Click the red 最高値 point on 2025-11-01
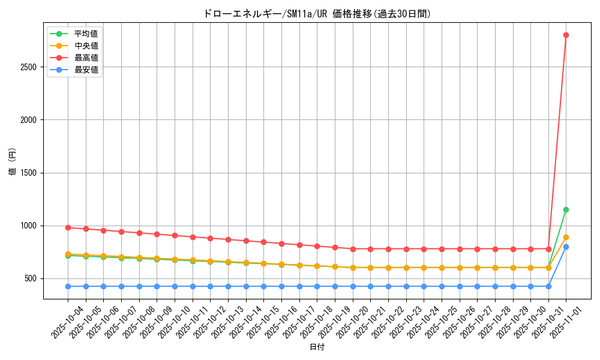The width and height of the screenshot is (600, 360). click(x=566, y=35)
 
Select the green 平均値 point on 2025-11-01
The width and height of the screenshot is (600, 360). click(x=566, y=209)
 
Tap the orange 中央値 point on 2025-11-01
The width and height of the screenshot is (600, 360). click(x=566, y=237)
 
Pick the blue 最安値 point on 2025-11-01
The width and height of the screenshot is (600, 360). click(x=566, y=247)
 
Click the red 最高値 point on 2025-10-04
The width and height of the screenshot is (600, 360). click(x=68, y=227)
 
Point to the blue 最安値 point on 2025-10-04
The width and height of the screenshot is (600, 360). click(x=68, y=286)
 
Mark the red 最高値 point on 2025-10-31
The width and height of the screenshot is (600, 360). click(x=548, y=249)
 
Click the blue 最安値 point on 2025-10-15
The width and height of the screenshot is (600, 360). click(x=263, y=286)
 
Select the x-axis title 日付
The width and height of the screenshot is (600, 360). click(x=317, y=347)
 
